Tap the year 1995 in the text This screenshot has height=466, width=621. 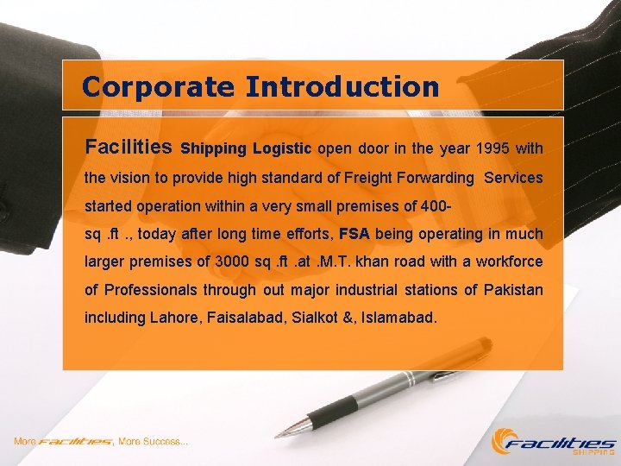pyautogui.click(x=491, y=148)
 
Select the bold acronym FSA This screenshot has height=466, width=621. pyautogui.click(x=354, y=234)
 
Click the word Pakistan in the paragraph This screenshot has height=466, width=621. pyautogui.click(x=514, y=289)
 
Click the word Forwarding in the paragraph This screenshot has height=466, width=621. pyautogui.click(x=435, y=179)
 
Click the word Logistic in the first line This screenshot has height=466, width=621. pyautogui.click(x=281, y=148)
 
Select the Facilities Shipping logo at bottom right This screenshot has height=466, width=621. pyautogui.click(x=553, y=442)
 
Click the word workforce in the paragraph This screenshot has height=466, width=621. pyautogui.click(x=510, y=261)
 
